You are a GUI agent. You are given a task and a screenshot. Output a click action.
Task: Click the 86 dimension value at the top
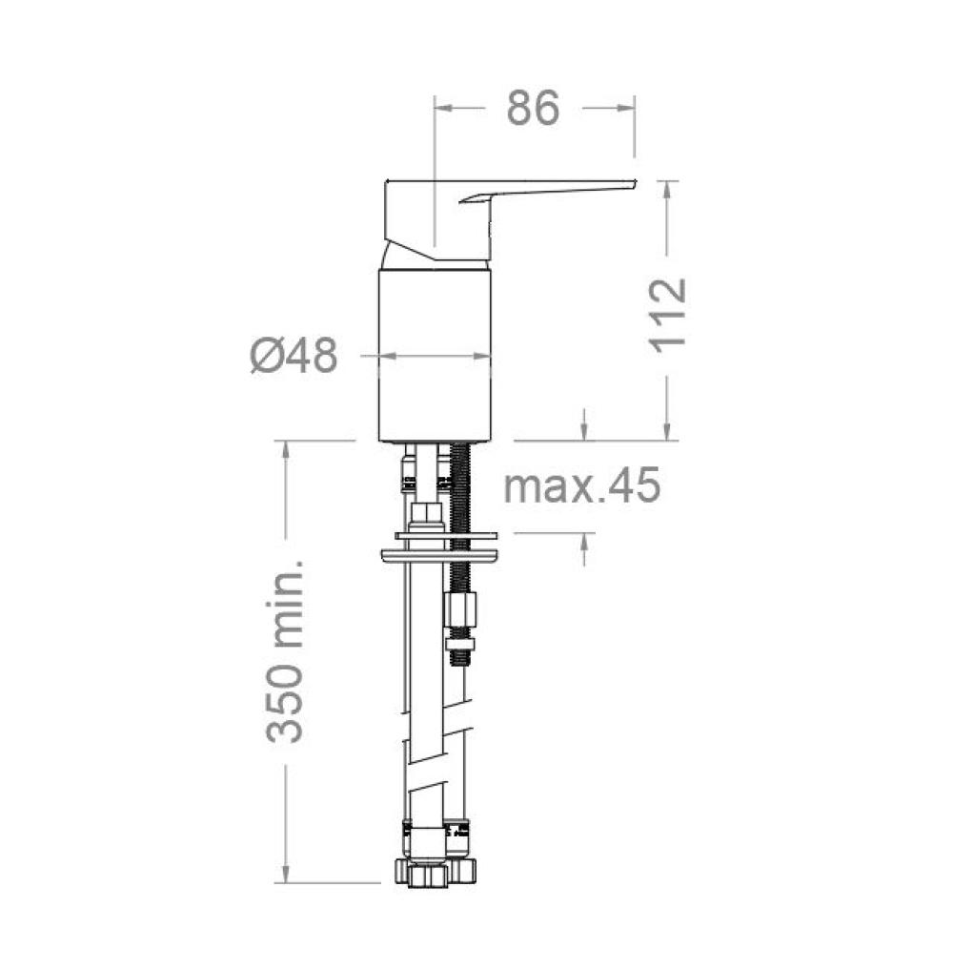[533, 108]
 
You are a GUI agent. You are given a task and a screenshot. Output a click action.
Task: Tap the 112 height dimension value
[668, 316]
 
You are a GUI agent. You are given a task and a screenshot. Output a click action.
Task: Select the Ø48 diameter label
[294, 356]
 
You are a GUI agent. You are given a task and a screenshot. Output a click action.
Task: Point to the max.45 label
[581, 485]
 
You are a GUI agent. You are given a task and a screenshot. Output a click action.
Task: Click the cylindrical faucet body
[435, 356]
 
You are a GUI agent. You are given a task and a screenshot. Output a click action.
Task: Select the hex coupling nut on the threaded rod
[460, 608]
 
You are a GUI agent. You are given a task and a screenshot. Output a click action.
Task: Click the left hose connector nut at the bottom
[420, 873]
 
